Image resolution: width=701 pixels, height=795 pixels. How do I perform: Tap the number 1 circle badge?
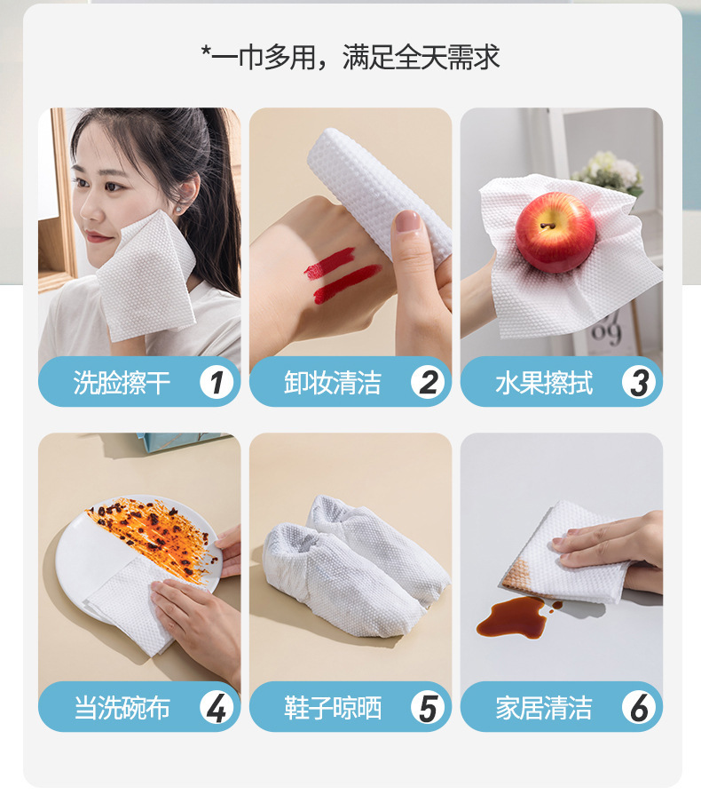pyautogui.click(x=216, y=383)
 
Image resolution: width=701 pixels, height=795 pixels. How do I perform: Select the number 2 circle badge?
pyautogui.click(x=428, y=383)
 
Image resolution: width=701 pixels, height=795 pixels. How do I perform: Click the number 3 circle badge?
pyautogui.click(x=638, y=383)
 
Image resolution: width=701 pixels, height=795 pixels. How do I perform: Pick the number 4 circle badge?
pyautogui.click(x=216, y=708)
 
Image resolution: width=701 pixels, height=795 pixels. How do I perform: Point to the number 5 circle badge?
pyautogui.click(x=428, y=708)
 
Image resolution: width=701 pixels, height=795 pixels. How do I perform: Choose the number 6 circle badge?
pyautogui.click(x=638, y=708)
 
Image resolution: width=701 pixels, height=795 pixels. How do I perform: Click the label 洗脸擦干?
pyautogui.click(x=122, y=384)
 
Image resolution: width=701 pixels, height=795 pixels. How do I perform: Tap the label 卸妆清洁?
pyautogui.click(x=333, y=384)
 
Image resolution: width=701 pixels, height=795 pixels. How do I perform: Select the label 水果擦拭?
pyautogui.click(x=543, y=384)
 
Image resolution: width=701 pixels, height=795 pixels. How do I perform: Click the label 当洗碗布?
pyautogui.click(x=122, y=709)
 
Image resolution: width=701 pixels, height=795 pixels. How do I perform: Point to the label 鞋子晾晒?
pyautogui.click(x=333, y=709)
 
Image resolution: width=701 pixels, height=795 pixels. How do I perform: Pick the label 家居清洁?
pyautogui.click(x=543, y=709)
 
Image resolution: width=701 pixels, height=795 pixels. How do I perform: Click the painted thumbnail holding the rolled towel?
pyautogui.click(x=408, y=221)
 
